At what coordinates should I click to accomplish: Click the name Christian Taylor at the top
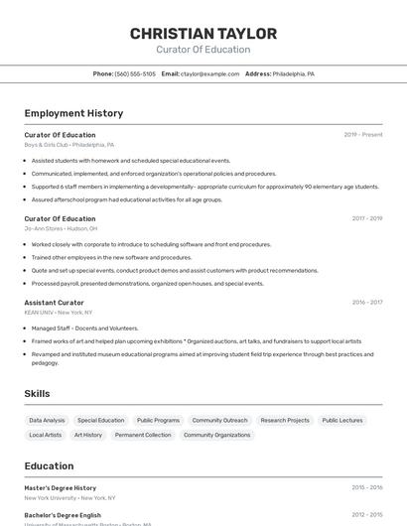pyautogui.click(x=203, y=34)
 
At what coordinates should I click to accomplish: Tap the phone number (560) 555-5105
pyautogui.click(x=135, y=73)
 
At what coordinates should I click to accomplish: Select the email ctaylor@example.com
pyautogui.click(x=209, y=73)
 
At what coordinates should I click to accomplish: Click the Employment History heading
pyautogui.click(x=73, y=113)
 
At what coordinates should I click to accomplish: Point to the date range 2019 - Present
pyautogui.click(x=362, y=135)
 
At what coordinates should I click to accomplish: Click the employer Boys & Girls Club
pyautogui.click(x=46, y=145)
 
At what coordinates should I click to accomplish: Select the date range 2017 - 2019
pyautogui.click(x=366, y=218)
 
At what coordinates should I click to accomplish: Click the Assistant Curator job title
pyautogui.click(x=54, y=303)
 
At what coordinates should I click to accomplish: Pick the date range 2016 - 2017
pyautogui.click(x=366, y=303)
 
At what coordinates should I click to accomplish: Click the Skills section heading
pyautogui.click(x=37, y=394)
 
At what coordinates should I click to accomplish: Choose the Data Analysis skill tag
pyautogui.click(x=47, y=420)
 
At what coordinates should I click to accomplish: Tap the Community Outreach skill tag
pyautogui.click(x=219, y=420)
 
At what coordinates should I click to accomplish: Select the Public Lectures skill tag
pyautogui.click(x=342, y=420)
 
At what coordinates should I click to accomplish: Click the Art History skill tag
pyautogui.click(x=87, y=435)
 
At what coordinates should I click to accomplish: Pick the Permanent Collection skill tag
pyautogui.click(x=143, y=435)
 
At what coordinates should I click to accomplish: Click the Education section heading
pyautogui.click(x=49, y=466)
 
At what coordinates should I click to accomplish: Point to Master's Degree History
pyautogui.click(x=60, y=488)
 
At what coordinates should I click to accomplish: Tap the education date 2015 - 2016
pyautogui.click(x=366, y=488)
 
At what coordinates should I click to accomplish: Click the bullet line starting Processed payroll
pyautogui.click(x=147, y=283)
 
